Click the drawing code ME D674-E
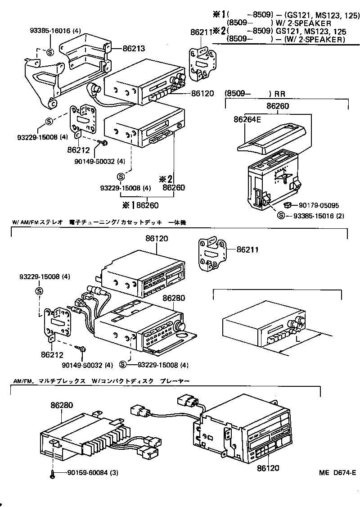[x=337, y=472]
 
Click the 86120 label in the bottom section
[x=268, y=468]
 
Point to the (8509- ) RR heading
[x=254, y=94]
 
